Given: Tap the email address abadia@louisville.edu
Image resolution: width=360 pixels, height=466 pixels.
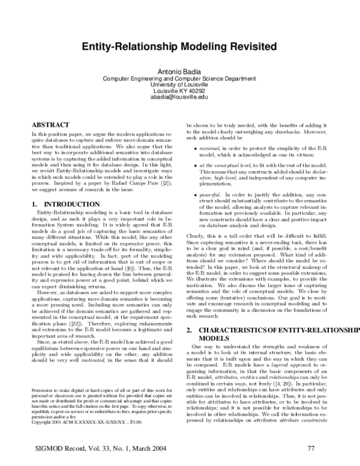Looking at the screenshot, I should (180, 97).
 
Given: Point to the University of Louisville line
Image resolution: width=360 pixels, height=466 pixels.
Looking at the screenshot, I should (180, 85).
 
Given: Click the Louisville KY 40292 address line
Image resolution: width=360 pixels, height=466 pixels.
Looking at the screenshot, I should (180, 91).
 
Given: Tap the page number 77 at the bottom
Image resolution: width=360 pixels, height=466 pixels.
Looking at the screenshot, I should (311, 448).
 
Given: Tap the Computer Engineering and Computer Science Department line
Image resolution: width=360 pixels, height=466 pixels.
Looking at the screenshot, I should (180, 79).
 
